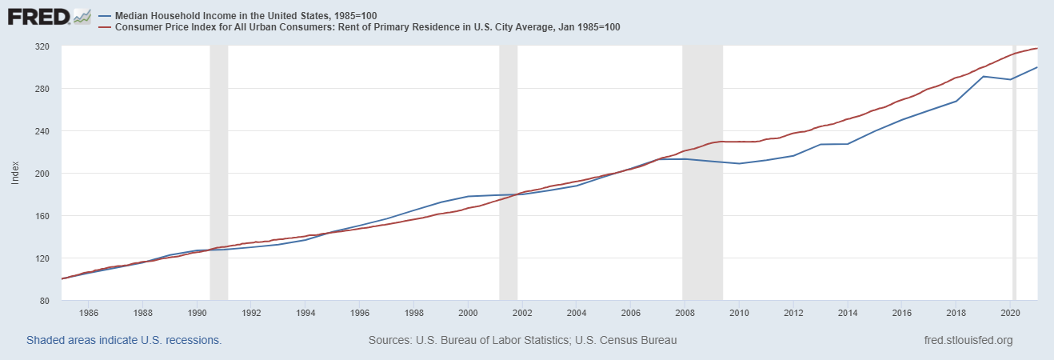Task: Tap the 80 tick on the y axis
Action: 45,301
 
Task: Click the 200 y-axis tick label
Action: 42,174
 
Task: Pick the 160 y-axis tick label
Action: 42,216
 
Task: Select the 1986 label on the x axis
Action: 89,313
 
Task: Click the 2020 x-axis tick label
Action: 1010,313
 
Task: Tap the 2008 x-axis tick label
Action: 685,313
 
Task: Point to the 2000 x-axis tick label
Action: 468,313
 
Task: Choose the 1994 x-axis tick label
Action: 305,313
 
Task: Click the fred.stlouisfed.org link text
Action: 968,340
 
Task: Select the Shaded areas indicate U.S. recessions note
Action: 124,340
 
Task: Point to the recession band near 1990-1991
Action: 218,176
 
